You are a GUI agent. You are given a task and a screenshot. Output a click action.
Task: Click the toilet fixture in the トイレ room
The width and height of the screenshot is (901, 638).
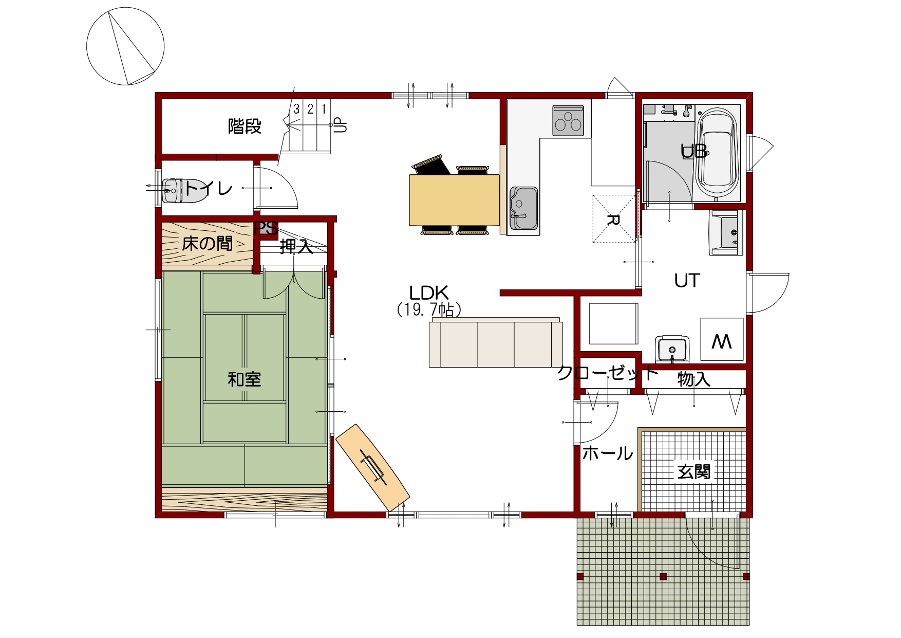pyautogui.click(x=173, y=191)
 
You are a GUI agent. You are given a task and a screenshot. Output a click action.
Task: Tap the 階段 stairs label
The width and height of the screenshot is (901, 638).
pyautogui.click(x=245, y=126)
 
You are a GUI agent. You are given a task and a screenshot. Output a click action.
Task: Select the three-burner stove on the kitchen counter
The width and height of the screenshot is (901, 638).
pyautogui.click(x=568, y=121)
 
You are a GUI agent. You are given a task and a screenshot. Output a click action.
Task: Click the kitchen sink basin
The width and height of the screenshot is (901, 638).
pyautogui.click(x=523, y=208)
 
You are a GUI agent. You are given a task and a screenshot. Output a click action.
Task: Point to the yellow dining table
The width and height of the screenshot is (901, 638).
pyautogui.click(x=454, y=200)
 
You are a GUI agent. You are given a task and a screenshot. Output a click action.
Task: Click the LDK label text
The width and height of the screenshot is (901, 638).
pyautogui.click(x=429, y=293)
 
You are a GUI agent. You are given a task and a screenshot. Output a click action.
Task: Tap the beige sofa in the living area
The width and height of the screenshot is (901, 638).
pyautogui.click(x=495, y=342)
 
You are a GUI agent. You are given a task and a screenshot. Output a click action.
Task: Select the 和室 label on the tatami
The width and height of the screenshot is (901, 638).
pyautogui.click(x=245, y=379)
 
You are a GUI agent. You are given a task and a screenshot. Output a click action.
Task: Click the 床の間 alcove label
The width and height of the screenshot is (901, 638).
pyautogui.click(x=208, y=243)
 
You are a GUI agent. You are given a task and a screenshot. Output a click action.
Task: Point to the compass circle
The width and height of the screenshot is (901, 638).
pyautogui.click(x=125, y=46)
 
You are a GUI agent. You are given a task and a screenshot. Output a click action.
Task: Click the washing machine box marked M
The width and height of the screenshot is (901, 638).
pyautogui.click(x=722, y=339)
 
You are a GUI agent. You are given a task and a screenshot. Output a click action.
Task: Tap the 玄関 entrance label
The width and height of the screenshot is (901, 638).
pyautogui.click(x=693, y=471)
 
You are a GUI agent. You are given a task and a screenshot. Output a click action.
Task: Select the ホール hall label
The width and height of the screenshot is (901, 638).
pyautogui.click(x=608, y=453)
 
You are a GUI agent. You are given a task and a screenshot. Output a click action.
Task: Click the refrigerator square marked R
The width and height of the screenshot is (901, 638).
pyautogui.click(x=614, y=218)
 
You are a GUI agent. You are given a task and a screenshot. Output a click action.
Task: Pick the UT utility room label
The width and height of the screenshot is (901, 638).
pyautogui.click(x=687, y=281)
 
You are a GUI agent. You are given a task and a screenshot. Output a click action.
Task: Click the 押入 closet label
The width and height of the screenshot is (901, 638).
pyautogui.click(x=296, y=247)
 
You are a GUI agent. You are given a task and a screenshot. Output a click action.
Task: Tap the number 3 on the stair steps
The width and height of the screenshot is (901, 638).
pyautogui.click(x=296, y=109)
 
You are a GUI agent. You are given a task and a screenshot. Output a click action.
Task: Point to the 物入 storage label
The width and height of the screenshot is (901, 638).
pyautogui.click(x=693, y=379)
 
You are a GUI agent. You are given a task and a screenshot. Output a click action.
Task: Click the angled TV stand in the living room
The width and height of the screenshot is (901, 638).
pyautogui.click(x=372, y=467)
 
